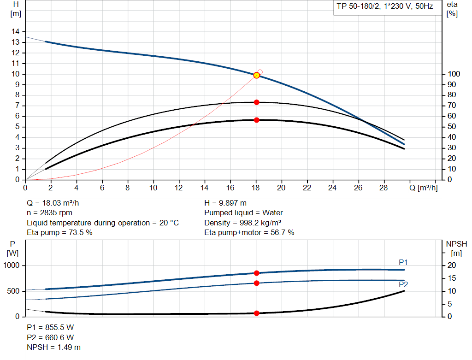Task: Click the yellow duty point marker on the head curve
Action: point(257,75)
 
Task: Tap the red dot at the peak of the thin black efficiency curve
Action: point(257,102)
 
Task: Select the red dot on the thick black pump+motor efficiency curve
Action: point(257,120)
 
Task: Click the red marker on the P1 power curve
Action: point(257,273)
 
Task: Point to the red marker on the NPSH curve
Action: point(257,313)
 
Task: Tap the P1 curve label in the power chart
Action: point(403,262)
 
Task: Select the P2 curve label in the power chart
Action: point(403,284)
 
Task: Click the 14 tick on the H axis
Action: point(16,31)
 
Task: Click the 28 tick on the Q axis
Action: point(383,188)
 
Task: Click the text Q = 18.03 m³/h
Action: point(56,203)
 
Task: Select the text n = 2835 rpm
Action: point(50,212)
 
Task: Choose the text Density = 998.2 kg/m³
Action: point(242,223)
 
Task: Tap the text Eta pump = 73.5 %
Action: point(60,232)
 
